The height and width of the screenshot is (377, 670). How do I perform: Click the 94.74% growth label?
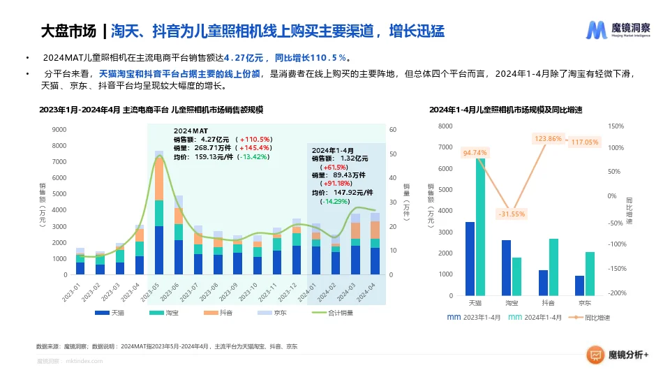pyautogui.click(x=475, y=152)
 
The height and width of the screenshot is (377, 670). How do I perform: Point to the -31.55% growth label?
pyautogui.click(x=512, y=214)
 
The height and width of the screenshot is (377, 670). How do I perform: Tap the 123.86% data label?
pyautogui.click(x=549, y=139)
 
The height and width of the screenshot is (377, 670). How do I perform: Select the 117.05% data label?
pyautogui.click(x=585, y=142)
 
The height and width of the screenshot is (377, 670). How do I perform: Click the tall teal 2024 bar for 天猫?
pyautogui.click(x=481, y=227)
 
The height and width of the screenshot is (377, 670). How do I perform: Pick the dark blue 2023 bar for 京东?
pyautogui.click(x=579, y=286)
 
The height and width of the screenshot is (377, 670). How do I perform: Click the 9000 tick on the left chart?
pyautogui.click(x=59, y=129)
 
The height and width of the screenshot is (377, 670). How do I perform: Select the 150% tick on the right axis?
pyautogui.click(x=616, y=126)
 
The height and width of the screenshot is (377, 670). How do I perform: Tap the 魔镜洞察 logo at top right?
pyautogui.click(x=618, y=30)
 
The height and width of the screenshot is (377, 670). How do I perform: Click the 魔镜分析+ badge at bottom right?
pyautogui.click(x=617, y=355)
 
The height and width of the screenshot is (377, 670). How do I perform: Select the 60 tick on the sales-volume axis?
pyautogui.click(x=393, y=129)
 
